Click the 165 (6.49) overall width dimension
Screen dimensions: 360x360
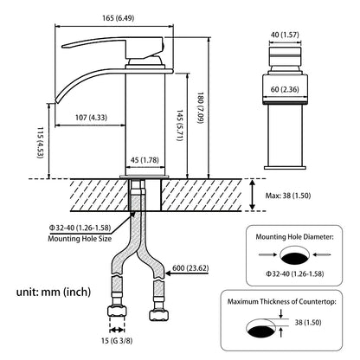(x=119, y=18)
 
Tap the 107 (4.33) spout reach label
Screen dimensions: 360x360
(x=91, y=118)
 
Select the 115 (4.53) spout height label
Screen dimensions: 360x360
(x=41, y=143)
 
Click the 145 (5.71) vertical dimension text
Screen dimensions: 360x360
(x=180, y=125)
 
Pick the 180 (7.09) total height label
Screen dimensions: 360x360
(x=201, y=108)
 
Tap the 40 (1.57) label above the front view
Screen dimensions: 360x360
(x=285, y=35)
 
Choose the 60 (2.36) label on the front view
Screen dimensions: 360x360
(x=285, y=89)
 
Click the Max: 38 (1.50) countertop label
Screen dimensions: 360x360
(x=288, y=196)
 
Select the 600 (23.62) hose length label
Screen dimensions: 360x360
(x=190, y=268)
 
